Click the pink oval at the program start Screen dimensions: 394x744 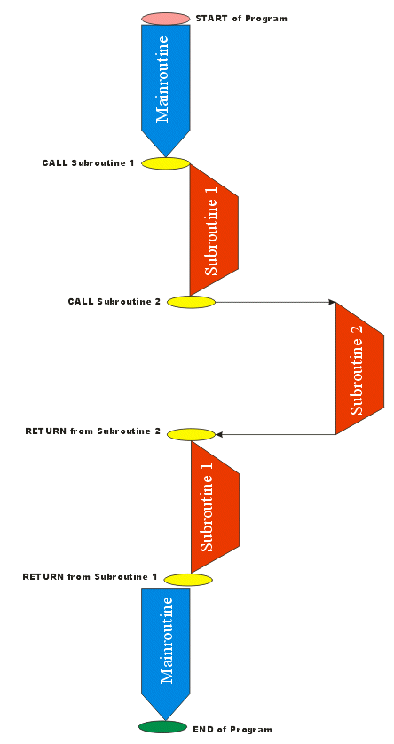[x=165, y=19]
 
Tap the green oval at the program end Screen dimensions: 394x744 [x=162, y=726]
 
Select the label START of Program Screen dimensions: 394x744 [x=241, y=19]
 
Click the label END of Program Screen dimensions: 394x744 [x=232, y=729]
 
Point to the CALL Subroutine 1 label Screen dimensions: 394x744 [x=88, y=163]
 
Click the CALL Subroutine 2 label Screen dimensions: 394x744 [x=114, y=301]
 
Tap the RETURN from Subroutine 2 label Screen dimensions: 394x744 [x=92, y=431]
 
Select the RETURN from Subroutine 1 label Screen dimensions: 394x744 [x=90, y=577]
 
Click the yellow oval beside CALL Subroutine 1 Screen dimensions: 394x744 [x=165, y=163]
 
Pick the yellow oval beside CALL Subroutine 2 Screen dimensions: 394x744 [x=191, y=302]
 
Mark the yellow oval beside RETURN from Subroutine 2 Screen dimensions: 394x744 [x=191, y=434]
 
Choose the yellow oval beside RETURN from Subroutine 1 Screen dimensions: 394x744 [x=188, y=580]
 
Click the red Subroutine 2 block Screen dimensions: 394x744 [x=359, y=368]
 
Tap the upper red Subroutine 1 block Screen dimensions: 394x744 [x=213, y=230]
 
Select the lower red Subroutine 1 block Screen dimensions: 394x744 [x=215, y=507]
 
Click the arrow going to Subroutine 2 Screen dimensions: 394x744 [x=275, y=302]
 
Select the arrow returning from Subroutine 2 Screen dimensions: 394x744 [x=275, y=434]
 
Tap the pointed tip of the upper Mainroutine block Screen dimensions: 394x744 [x=165, y=157]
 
